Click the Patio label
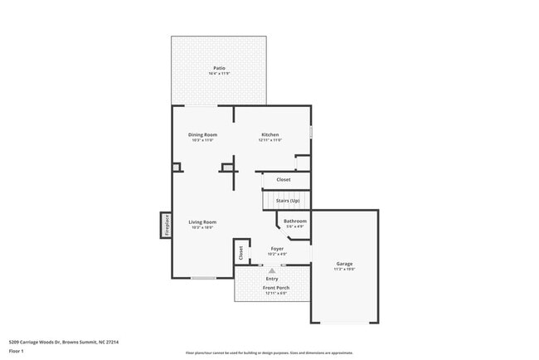(219, 68)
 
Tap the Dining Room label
(202, 134)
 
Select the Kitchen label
(270, 134)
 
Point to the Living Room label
(202, 221)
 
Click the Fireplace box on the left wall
(166, 224)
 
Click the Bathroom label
(295, 221)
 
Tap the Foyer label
(277, 248)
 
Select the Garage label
(344, 264)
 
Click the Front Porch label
(275, 288)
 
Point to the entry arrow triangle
(272, 270)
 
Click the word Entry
(272, 278)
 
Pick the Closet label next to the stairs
(284, 179)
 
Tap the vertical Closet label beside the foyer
(241, 252)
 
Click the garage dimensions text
(344, 270)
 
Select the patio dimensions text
(219, 74)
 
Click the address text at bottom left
(64, 341)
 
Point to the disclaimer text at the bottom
(269, 353)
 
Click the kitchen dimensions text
(270, 140)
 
